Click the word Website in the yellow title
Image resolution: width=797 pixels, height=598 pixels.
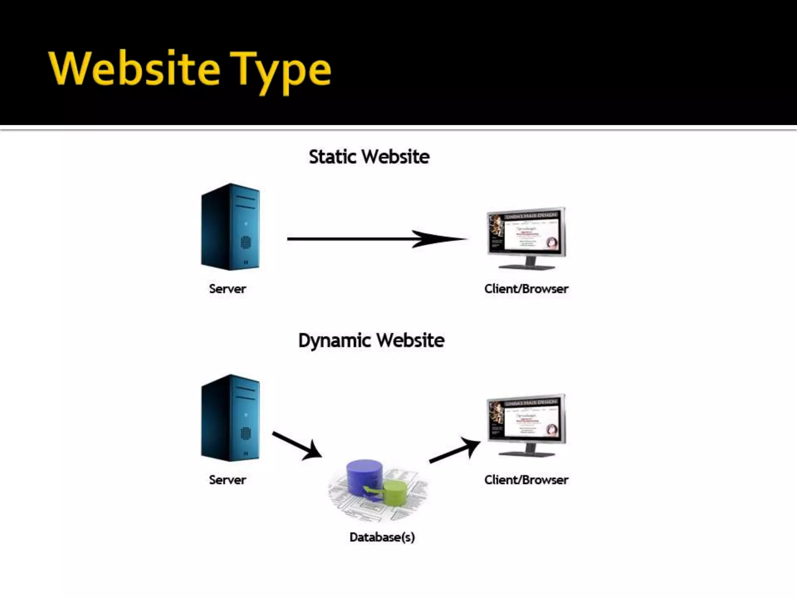coord(134,69)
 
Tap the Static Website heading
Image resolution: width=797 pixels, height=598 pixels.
coord(369,157)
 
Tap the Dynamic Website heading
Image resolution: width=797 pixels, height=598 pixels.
coord(371,341)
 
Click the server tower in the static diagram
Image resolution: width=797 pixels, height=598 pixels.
coord(230,227)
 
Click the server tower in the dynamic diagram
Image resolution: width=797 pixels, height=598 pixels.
coord(230,418)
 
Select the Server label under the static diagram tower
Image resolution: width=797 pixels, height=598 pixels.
coord(227,289)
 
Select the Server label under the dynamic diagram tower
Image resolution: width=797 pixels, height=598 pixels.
coord(227,480)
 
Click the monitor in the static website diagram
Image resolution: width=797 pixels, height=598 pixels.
coord(526,233)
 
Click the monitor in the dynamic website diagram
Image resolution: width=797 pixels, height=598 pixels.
coord(526,420)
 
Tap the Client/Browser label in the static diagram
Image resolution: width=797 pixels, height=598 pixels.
coord(526,289)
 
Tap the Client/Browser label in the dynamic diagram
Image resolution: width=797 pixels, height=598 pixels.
coord(526,480)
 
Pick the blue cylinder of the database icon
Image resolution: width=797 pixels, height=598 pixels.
coord(364,476)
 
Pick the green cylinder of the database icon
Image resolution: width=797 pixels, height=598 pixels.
coord(395,493)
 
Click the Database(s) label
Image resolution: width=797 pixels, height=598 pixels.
coord(382,537)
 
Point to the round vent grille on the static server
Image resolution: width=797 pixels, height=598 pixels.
coord(246,242)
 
